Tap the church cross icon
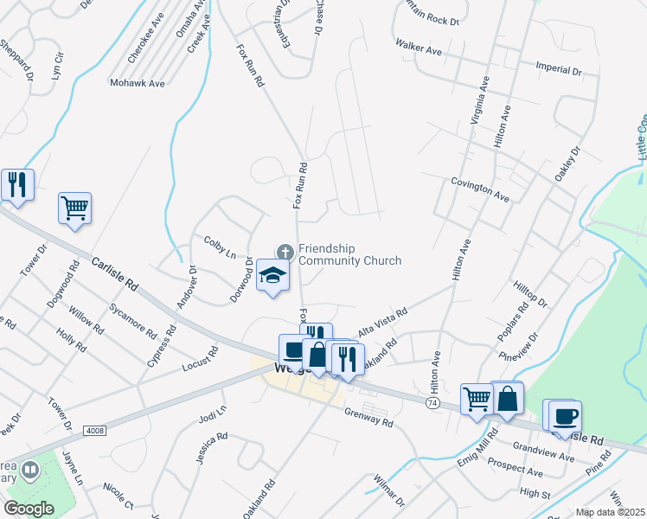(284, 252)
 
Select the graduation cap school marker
(272, 276)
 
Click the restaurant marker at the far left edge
(16, 184)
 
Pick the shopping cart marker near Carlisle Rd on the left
(74, 208)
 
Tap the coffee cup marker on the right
(565, 416)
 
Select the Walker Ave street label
(418, 47)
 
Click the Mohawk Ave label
(137, 84)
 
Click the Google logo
(29, 509)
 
